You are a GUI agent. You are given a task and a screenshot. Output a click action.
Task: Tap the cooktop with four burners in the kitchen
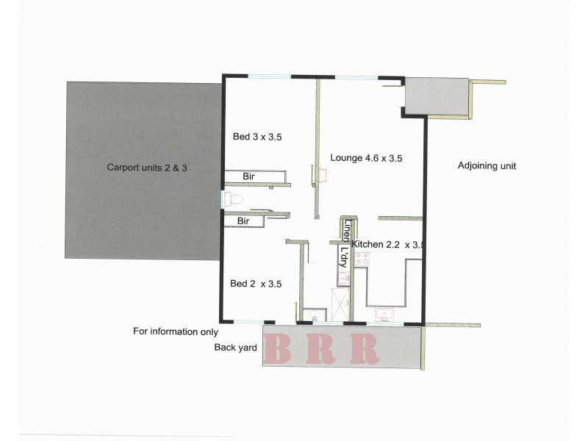(362, 259)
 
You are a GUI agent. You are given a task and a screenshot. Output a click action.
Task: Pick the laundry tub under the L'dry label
(343, 278)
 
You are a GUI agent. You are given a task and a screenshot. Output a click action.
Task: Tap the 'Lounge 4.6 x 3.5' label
(366, 157)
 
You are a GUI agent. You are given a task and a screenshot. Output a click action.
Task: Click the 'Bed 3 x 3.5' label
(257, 137)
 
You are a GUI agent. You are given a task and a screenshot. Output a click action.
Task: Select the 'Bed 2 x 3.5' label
(256, 284)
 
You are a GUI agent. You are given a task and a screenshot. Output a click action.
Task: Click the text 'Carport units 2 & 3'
(148, 167)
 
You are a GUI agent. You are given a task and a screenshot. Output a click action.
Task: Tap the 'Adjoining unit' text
(487, 166)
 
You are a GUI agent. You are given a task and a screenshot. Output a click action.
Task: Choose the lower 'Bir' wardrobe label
(243, 220)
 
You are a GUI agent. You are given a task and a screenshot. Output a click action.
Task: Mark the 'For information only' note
(176, 331)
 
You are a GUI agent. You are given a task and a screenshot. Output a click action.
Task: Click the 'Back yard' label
(235, 348)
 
